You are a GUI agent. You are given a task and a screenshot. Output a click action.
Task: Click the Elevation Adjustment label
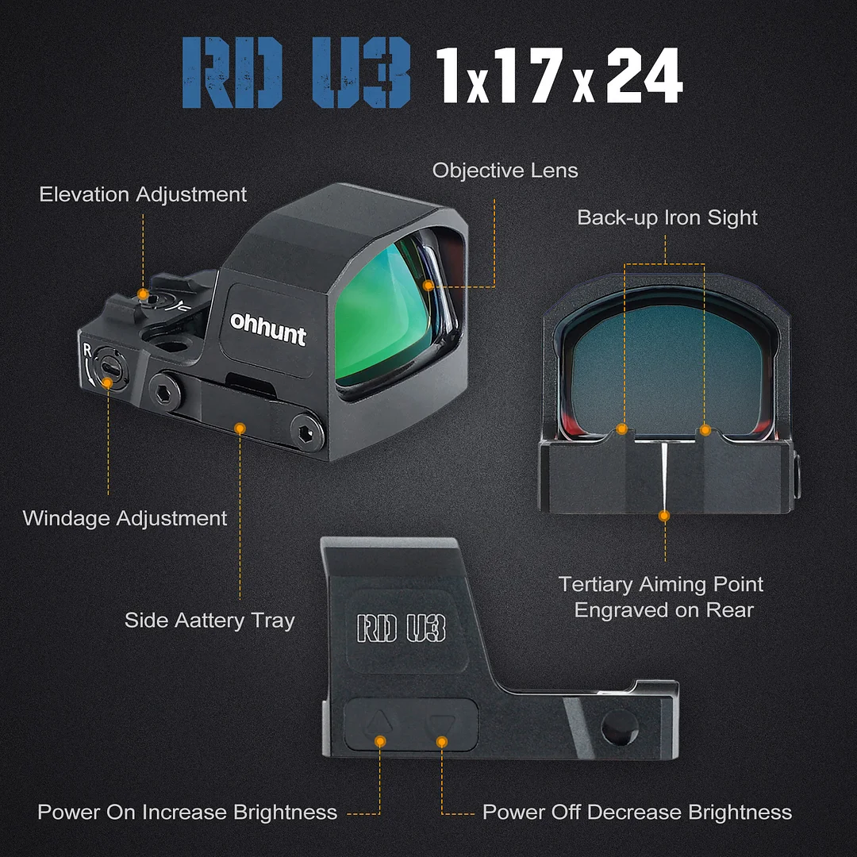click(143, 194)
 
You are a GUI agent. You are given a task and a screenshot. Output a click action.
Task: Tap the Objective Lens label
click(505, 171)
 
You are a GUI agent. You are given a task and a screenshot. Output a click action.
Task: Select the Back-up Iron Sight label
click(667, 217)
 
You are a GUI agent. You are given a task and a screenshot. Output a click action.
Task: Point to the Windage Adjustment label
click(125, 518)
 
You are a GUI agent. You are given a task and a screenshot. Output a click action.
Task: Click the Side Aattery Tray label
click(209, 620)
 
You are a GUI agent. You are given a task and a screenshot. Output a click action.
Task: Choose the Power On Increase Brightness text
click(187, 812)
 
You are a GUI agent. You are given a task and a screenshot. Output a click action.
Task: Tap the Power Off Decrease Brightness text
click(637, 812)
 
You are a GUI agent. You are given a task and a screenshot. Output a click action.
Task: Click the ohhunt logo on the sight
click(267, 331)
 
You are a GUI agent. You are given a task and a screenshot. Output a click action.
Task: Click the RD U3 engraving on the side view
click(401, 627)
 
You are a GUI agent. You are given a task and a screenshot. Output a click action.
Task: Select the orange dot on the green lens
click(428, 285)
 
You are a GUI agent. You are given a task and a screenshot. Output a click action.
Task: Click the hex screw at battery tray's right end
click(306, 433)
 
